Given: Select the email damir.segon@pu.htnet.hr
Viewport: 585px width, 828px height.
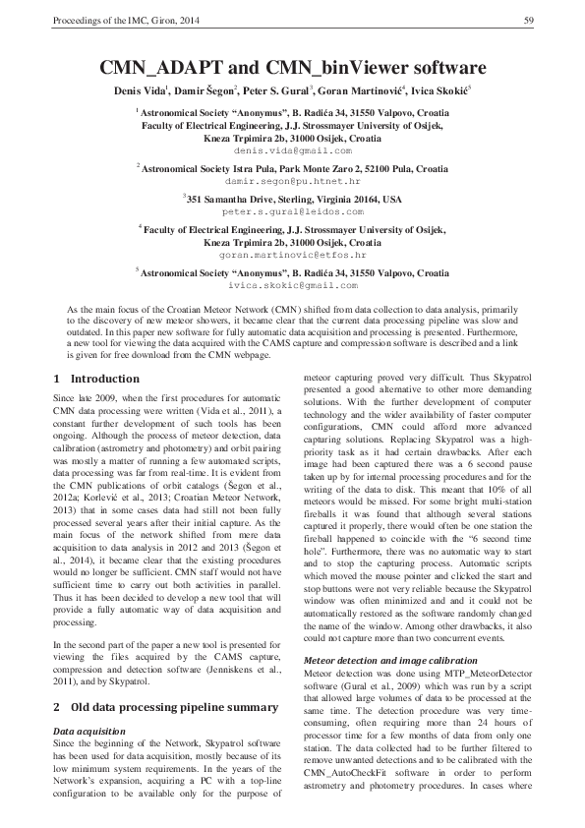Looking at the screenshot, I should tap(292, 182).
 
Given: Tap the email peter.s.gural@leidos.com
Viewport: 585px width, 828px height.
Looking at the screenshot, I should tap(292, 211).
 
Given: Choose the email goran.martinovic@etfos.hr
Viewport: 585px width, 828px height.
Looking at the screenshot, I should tap(292, 254).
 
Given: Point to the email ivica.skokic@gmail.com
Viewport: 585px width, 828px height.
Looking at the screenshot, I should tap(292, 284).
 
